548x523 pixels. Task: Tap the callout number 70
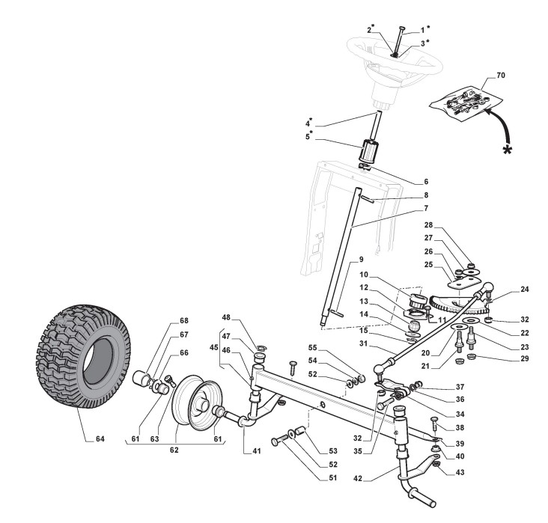click(490, 78)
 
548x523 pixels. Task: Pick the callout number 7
click(404, 207)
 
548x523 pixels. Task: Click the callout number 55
click(333, 349)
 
